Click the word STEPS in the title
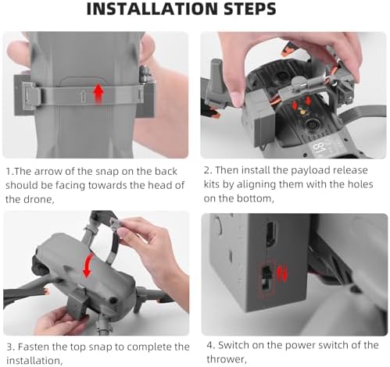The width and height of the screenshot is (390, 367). (250, 9)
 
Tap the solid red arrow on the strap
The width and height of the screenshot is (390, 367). (98, 93)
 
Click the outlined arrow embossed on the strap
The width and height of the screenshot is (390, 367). (84, 95)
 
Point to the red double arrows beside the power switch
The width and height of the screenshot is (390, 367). (281, 273)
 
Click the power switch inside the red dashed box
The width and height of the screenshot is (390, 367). (266, 278)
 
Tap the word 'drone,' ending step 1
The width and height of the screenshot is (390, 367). (39, 199)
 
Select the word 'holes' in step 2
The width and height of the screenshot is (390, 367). (360, 184)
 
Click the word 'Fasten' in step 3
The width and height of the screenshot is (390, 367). (34, 347)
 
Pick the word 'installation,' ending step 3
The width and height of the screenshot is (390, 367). (34, 361)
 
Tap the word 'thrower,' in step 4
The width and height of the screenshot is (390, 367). (227, 359)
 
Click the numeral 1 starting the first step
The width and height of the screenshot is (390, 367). (9, 172)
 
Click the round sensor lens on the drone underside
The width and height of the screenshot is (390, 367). (311, 126)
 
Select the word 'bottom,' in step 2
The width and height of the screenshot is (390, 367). (256, 198)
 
